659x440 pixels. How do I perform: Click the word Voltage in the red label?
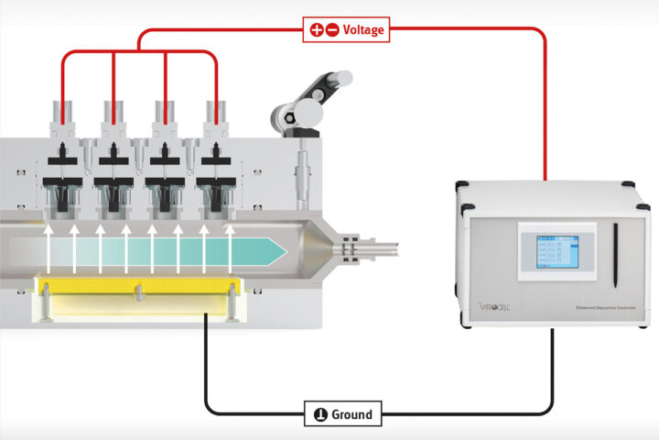point(363,29)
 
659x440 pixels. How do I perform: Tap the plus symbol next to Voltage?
point(316,29)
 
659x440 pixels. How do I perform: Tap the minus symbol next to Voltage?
point(331,29)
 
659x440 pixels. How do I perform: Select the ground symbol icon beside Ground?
point(320,414)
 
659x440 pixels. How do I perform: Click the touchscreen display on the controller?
point(550,250)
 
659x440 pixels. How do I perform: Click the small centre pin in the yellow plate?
point(137,291)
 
